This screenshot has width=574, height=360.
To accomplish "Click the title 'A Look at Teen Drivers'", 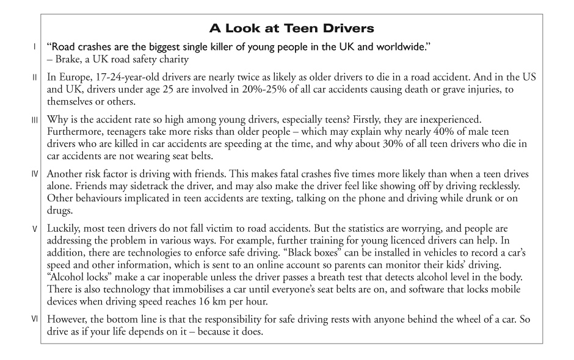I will (286, 28).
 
